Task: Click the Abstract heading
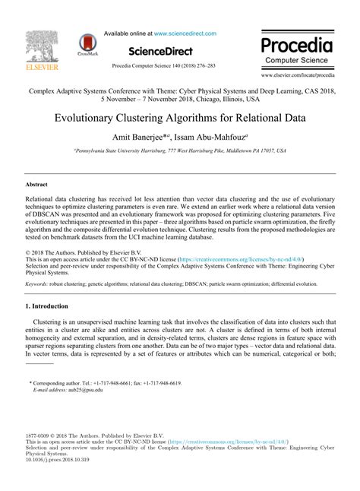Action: coord(36,185)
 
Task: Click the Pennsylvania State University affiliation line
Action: coord(180,151)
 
